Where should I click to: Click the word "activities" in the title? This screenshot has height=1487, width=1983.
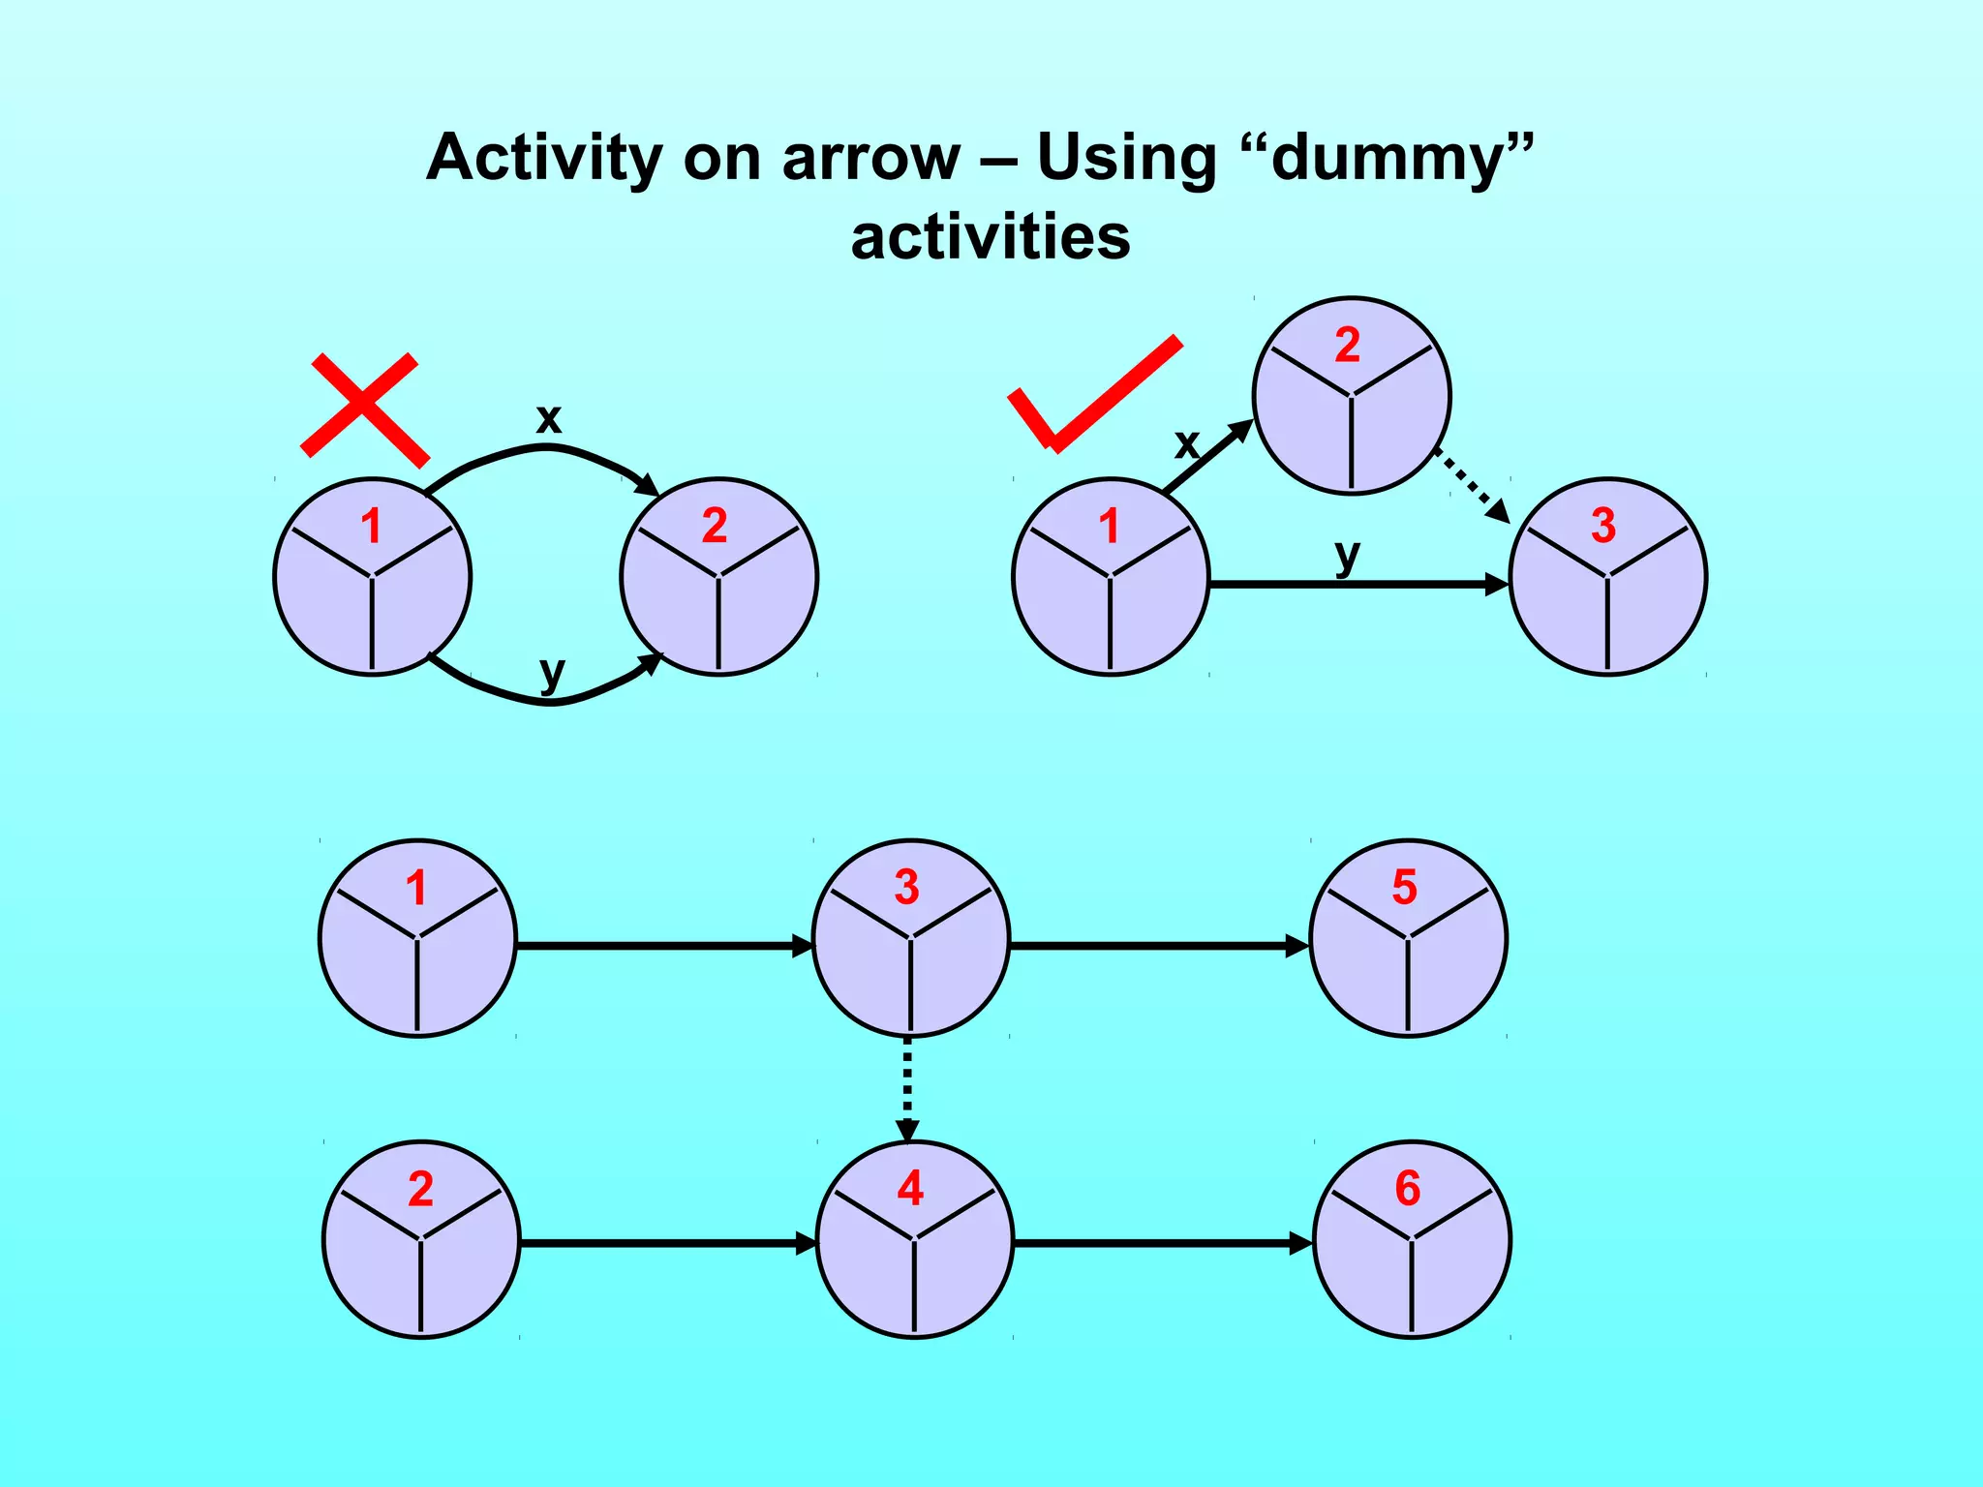click(990, 237)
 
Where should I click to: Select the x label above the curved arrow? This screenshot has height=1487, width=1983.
click(549, 419)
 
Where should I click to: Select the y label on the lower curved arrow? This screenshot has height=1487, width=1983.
click(551, 670)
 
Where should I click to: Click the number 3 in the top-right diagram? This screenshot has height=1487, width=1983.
click(1603, 527)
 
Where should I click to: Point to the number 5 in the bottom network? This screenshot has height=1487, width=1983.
click(1404, 888)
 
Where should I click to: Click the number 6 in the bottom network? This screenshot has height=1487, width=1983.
click(1408, 1189)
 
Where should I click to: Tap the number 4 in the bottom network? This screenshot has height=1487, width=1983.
click(910, 1189)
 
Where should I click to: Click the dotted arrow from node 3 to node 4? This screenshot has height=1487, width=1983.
click(907, 1088)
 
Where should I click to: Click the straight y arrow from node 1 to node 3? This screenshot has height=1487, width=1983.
click(1356, 585)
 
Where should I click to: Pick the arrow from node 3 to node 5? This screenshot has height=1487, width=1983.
click(1158, 946)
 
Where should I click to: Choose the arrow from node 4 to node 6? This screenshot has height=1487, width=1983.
click(1162, 1243)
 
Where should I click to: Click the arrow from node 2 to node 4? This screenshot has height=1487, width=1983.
click(668, 1243)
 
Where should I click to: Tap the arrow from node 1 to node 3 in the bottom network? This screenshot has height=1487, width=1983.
click(663, 946)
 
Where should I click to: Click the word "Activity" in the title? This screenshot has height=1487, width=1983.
click(547, 157)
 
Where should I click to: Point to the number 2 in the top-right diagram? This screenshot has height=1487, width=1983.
click(1348, 346)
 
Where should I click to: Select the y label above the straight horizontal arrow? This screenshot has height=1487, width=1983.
click(1347, 556)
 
